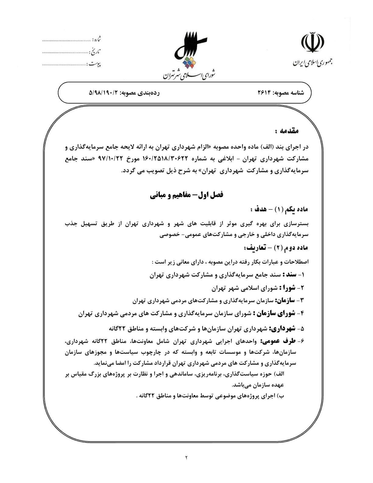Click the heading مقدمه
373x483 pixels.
(286, 131)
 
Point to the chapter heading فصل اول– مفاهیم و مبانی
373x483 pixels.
(187, 195)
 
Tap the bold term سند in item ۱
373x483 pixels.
(290, 275)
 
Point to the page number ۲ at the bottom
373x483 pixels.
(186, 457)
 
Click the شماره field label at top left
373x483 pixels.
(97, 40)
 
